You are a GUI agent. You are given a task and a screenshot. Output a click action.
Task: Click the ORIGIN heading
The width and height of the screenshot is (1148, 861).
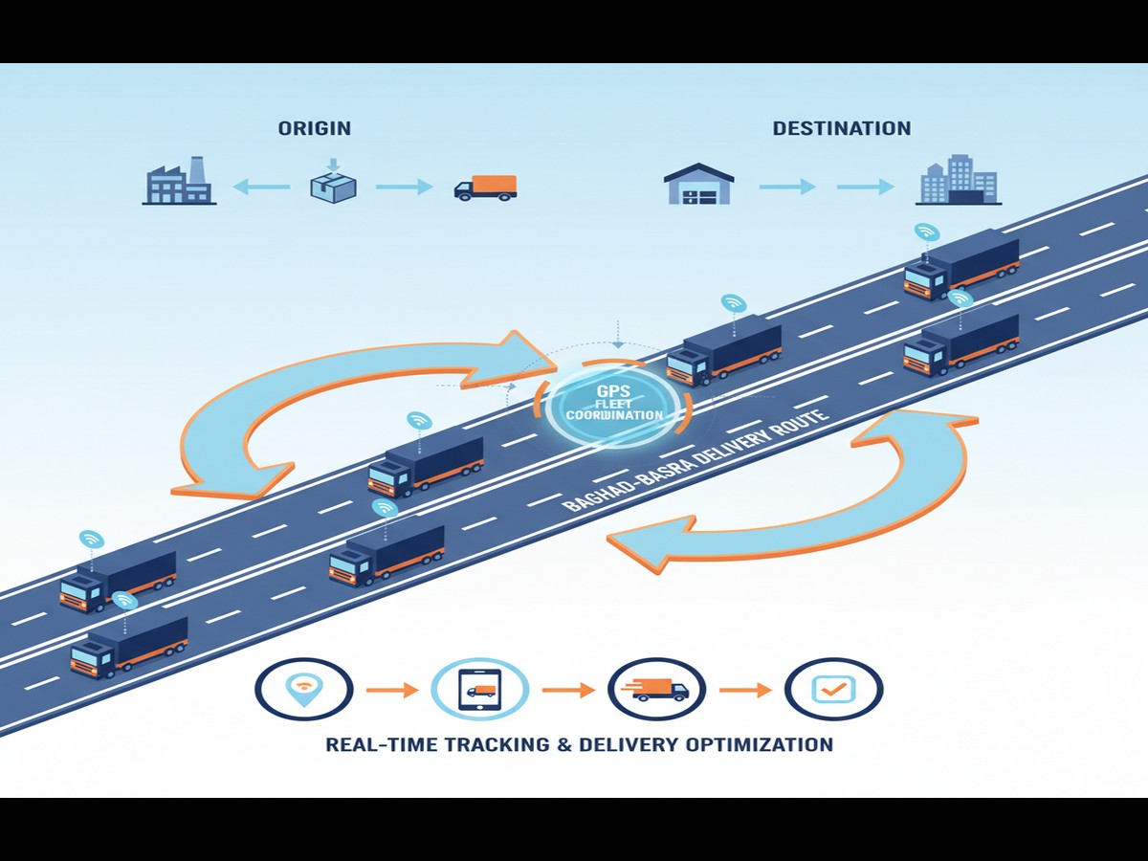click(x=315, y=128)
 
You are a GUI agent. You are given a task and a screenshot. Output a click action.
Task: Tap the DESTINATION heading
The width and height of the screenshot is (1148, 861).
click(x=841, y=128)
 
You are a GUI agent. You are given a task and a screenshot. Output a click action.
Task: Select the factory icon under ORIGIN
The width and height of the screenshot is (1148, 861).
click(x=179, y=181)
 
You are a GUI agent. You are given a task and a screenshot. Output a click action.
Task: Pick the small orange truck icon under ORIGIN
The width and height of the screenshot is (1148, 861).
click(x=485, y=188)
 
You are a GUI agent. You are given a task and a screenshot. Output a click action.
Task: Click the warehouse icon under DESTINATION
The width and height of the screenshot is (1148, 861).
click(x=699, y=184)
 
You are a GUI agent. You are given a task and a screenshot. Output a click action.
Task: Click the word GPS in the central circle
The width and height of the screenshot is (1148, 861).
click(x=613, y=391)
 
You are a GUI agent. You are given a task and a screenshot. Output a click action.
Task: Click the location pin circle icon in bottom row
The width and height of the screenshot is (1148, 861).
click(x=304, y=689)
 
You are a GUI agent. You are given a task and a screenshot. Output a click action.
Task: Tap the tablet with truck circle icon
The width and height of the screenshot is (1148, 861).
click(x=479, y=689)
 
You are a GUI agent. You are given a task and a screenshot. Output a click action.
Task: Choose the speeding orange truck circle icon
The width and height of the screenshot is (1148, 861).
click(x=656, y=689)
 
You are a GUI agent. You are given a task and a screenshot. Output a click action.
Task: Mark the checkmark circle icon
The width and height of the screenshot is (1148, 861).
click(x=832, y=689)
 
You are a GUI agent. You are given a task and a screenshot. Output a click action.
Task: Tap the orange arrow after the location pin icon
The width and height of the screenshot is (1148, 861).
click(x=392, y=689)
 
